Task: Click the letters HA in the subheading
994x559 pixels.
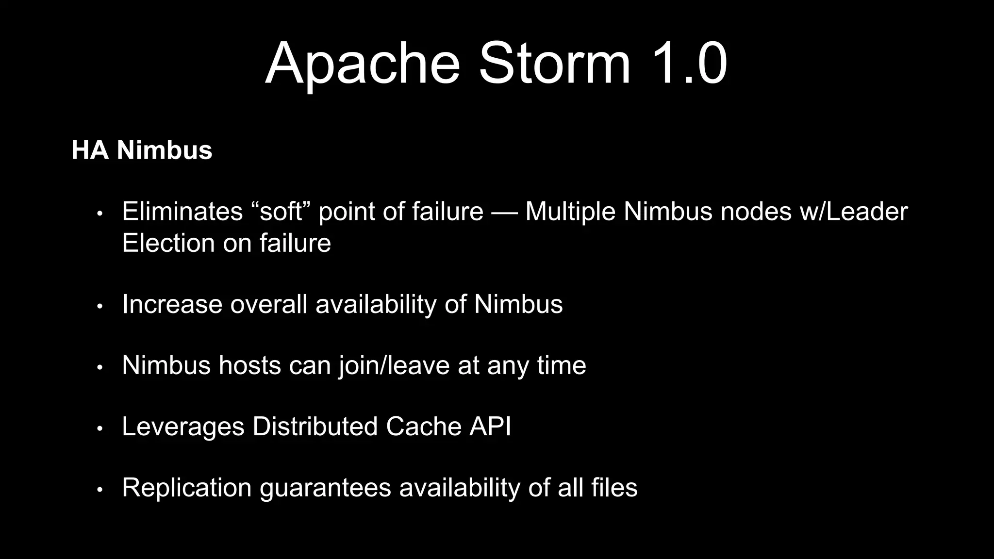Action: pos(90,150)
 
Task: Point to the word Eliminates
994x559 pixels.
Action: pos(182,212)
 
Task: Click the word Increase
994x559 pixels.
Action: pos(172,304)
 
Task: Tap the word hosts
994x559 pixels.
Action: pos(249,365)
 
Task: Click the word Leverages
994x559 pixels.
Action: pos(183,427)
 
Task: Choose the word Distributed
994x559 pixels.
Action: pos(315,427)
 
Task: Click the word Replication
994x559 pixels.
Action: pos(187,488)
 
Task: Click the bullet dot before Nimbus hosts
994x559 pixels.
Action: pos(100,367)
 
